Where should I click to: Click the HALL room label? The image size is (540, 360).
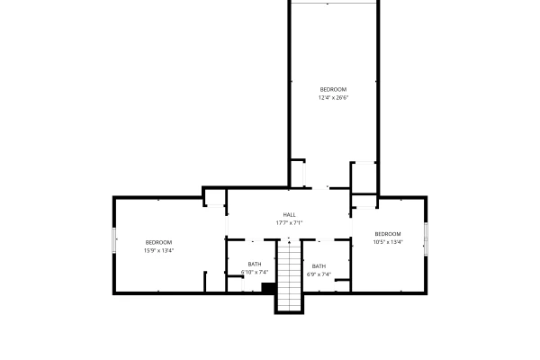coord(289,214)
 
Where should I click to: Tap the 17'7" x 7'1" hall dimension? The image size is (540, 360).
coord(289,223)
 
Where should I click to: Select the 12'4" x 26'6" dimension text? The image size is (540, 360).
coord(333,97)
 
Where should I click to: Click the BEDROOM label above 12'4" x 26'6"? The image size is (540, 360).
coord(333,89)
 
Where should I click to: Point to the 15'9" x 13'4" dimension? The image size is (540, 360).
coord(158,250)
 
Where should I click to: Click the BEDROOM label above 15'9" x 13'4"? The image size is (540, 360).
coord(158,242)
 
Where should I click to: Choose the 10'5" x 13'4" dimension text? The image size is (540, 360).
coord(388,242)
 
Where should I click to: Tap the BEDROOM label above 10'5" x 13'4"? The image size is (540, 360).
coord(388,234)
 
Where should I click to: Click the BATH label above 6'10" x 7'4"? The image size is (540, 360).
coord(255,265)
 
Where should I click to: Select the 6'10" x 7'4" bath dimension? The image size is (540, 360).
coord(255,272)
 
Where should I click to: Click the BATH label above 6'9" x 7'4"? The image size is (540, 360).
coord(319,266)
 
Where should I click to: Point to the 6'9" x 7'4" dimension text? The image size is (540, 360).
coord(319,274)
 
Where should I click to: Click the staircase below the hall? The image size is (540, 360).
coord(289,275)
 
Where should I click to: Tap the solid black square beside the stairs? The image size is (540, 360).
coord(268,288)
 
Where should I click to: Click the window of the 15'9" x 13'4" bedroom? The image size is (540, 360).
coord(114,240)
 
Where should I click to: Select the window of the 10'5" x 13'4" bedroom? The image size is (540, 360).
coord(426,239)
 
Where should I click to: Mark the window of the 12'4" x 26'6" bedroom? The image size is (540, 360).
coord(334,3)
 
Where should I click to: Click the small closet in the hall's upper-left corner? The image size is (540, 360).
coord(215,198)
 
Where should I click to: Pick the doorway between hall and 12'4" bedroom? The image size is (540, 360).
coord(319,188)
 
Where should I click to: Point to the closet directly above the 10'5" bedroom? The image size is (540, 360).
coord(364,202)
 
